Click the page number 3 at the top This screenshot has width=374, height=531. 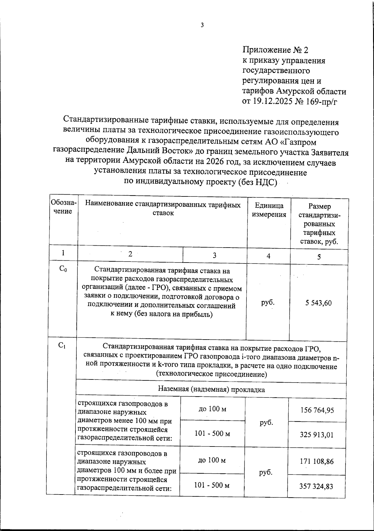(x=202, y=25)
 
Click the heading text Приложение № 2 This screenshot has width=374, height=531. (x=275, y=50)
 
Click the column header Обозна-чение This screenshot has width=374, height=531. (x=63, y=207)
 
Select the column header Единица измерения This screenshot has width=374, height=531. (x=269, y=210)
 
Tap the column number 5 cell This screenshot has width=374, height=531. (x=319, y=257)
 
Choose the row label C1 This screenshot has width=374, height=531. (x=62, y=345)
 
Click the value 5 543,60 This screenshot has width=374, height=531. (x=319, y=303)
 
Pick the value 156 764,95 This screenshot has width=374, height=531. (x=317, y=410)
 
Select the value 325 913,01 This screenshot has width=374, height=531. (x=317, y=434)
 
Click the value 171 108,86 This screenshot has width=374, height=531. (x=317, y=461)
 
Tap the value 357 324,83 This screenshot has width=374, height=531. (x=316, y=486)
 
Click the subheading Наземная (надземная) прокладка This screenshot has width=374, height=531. (x=211, y=389)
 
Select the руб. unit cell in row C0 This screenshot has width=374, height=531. (x=268, y=302)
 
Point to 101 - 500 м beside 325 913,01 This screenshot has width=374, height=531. (x=212, y=433)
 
